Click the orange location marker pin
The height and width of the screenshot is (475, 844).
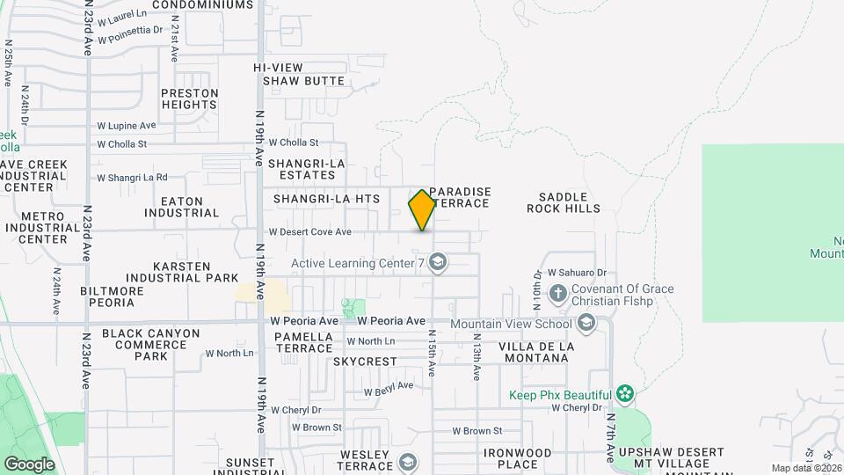422,210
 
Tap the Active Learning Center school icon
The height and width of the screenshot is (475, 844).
438,262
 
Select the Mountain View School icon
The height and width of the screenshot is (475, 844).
586,324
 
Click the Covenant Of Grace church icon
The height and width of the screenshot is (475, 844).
557,292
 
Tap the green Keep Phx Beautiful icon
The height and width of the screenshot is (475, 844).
625,392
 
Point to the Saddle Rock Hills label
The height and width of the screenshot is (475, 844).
564,202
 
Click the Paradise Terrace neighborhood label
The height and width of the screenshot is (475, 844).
460,197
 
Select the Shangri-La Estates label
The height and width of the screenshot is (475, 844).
307,169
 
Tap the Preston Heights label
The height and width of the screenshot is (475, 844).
189,98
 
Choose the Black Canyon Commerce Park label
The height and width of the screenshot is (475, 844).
151,345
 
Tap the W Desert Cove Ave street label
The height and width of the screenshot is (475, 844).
310,232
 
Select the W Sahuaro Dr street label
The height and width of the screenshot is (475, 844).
577,274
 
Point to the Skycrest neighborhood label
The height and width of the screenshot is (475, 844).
365,362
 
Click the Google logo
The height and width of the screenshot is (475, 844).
28,464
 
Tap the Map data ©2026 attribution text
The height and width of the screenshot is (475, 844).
806,468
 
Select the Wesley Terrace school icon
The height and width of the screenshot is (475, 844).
408,461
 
